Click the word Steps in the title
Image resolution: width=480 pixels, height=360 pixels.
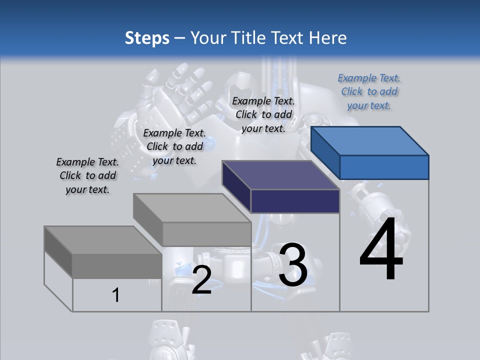[x=147, y=38]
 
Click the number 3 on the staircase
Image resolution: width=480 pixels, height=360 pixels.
[x=293, y=265]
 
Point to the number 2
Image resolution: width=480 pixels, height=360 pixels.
[x=201, y=280]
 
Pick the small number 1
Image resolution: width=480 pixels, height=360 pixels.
[x=115, y=295]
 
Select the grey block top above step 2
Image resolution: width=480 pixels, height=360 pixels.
[x=192, y=208]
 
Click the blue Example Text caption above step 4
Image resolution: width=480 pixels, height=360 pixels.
[x=369, y=92]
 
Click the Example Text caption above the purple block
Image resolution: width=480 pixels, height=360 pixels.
[x=263, y=114]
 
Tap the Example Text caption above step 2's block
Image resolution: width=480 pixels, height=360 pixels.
[x=174, y=146]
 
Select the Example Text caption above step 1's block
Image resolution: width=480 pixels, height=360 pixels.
[x=87, y=175]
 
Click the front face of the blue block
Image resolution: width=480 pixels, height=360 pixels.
[x=384, y=167]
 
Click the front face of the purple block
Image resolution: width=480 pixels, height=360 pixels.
[x=295, y=201]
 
